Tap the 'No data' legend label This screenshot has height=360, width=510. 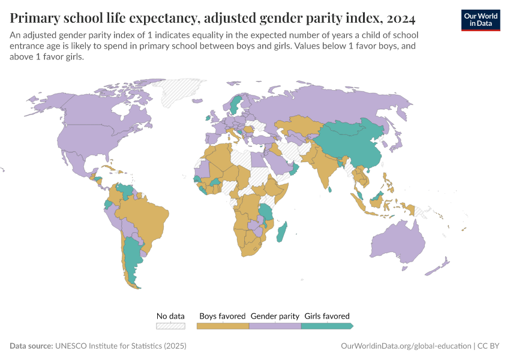[x=170, y=316]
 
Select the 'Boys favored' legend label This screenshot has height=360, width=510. [x=222, y=316]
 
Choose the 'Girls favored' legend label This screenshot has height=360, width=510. [x=327, y=316]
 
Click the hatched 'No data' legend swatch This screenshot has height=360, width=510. [x=170, y=326]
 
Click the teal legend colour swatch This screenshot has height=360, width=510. [x=326, y=326]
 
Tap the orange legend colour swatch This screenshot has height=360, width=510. [x=223, y=326]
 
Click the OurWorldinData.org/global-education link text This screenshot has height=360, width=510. [x=405, y=346]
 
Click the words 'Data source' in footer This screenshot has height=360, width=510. [x=31, y=346]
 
